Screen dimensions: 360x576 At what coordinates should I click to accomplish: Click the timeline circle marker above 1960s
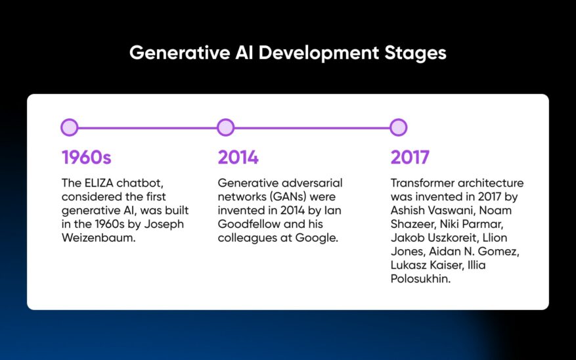pos(69,127)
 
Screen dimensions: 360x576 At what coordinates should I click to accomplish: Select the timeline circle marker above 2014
pos(225,127)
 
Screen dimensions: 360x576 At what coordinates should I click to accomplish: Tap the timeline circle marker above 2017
pos(398,127)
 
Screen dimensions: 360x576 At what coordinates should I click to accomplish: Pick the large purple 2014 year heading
pos(238,158)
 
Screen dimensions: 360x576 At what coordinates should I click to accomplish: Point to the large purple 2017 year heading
pos(410,158)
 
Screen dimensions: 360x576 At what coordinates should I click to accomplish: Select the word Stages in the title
pos(413,53)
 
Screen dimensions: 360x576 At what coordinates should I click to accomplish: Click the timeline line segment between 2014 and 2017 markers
pos(311,127)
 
